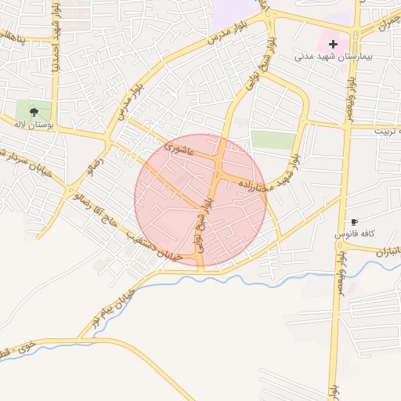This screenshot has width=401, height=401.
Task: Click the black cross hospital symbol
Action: point(334,44)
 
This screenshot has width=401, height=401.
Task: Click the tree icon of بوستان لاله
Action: point(34,110)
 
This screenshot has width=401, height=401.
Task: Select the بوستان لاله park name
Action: point(32,124)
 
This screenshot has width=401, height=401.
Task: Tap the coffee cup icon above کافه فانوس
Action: point(355,222)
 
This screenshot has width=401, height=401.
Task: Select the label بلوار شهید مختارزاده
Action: point(269,174)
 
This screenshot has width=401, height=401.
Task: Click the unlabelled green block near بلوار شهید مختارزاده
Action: point(273,139)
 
